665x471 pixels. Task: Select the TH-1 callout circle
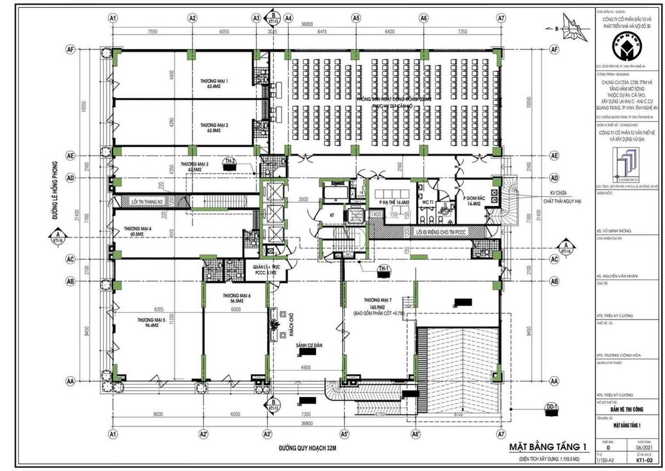pos(383,270)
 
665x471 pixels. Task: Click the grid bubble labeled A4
pos(288,18)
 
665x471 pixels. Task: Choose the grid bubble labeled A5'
pos(344,434)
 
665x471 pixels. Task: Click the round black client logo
pos(625,45)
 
